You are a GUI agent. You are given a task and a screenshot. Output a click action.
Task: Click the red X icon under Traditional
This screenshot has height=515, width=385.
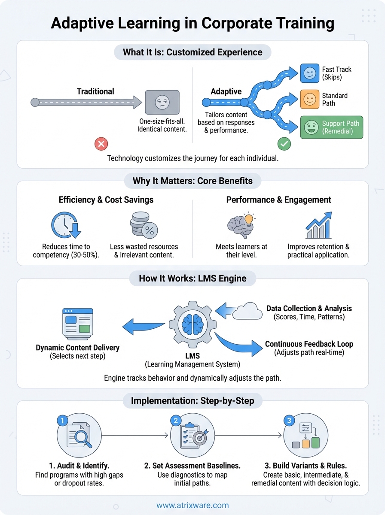coord(101,144)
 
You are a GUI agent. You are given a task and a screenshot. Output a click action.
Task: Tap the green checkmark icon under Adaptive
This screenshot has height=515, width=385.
coord(284,144)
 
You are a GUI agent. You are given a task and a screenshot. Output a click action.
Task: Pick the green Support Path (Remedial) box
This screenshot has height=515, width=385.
coord(332,127)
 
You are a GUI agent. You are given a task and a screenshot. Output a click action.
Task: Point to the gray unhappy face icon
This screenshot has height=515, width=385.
coord(162,102)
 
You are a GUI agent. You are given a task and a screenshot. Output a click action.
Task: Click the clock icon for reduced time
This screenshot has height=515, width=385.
coord(66,225)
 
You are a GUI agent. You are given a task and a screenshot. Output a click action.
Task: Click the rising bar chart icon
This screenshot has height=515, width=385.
coord(318,225)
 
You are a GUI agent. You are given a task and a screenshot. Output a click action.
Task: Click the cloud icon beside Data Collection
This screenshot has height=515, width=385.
coord(247,311)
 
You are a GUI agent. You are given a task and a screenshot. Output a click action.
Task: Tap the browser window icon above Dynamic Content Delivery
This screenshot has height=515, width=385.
coord(77,322)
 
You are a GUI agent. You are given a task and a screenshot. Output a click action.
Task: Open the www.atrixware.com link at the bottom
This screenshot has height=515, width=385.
coord(192,505)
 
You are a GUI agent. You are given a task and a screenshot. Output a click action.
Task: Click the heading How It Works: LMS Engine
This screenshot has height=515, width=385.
coord(192,279)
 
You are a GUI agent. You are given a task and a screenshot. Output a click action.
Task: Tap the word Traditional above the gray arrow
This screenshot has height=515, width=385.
coord(95,91)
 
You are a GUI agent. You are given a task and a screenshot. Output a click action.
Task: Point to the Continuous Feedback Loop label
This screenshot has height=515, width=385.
coord(309,344)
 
